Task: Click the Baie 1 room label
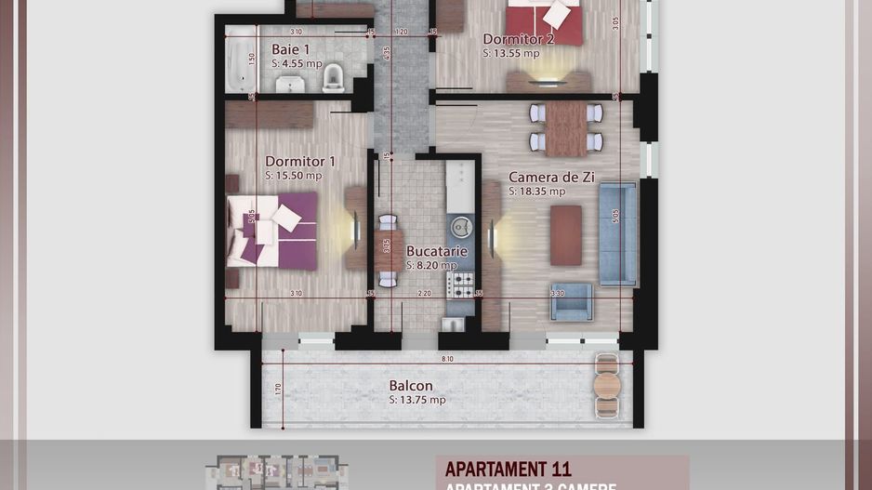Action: coord(291,49)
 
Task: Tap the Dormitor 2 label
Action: coord(519,39)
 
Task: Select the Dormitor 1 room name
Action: coord(300,161)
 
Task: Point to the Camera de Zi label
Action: coord(551,178)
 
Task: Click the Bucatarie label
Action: coord(436,251)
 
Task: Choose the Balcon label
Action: coord(411,386)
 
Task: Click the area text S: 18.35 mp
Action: coord(536,192)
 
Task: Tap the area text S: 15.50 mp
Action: coord(294,175)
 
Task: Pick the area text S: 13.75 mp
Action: coord(417,400)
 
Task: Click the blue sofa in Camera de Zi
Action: coord(617,232)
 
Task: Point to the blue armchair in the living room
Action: coord(571,300)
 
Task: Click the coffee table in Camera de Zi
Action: coord(565,234)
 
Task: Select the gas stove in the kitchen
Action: coord(460,284)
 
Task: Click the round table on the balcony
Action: coord(607,384)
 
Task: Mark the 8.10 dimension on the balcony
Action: coord(448,358)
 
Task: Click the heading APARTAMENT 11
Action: coord(508,470)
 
